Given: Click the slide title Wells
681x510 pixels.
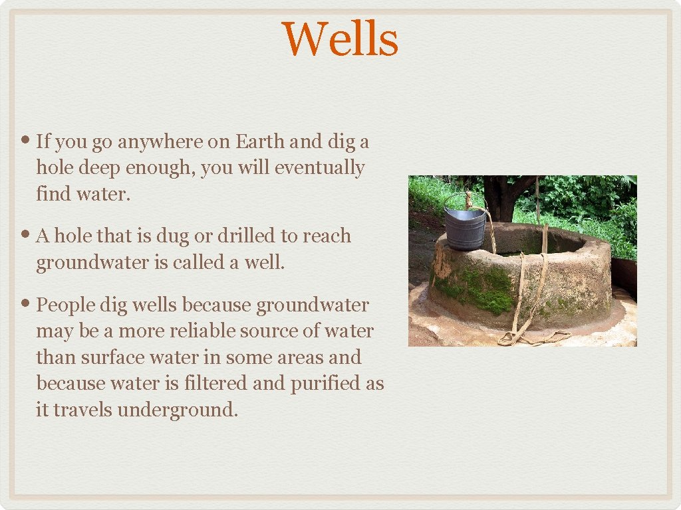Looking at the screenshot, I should pos(340,39).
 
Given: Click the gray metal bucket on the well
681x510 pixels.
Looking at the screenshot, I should pos(465,228).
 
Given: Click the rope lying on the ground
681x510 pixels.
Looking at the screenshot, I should pos(532,338).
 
